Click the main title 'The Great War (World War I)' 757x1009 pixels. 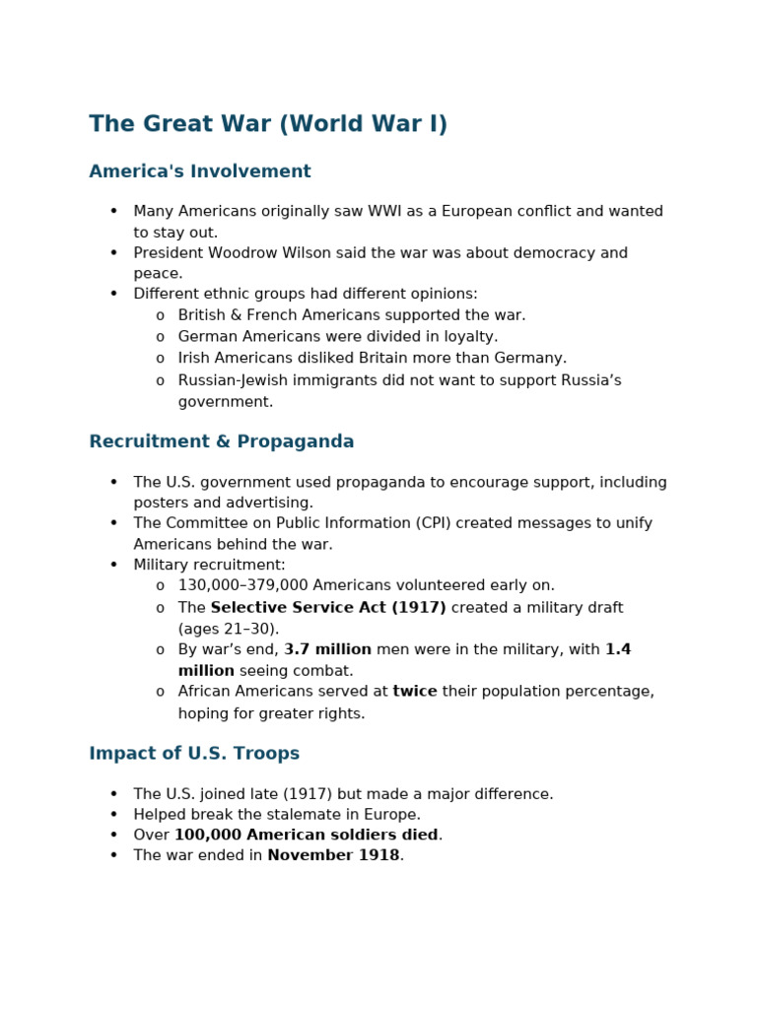[x=268, y=125]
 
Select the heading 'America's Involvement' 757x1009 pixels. [x=200, y=171]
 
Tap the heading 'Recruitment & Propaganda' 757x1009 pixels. [x=222, y=441]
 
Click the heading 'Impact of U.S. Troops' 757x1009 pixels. [x=194, y=754]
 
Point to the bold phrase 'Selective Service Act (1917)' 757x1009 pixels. [x=328, y=608]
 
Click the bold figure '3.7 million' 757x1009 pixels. [x=328, y=649]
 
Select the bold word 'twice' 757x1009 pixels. [x=415, y=692]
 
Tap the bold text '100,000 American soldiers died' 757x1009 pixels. [x=307, y=835]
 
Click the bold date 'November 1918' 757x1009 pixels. [x=334, y=855]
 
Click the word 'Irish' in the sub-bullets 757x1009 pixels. [x=195, y=359]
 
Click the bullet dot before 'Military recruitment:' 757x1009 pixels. [x=114, y=565]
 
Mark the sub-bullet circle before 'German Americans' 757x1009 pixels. [x=160, y=337]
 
